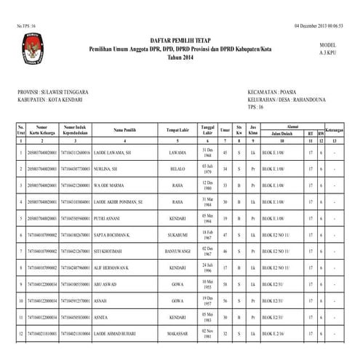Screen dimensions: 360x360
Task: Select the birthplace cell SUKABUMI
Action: pyautogui.click(x=177, y=234)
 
